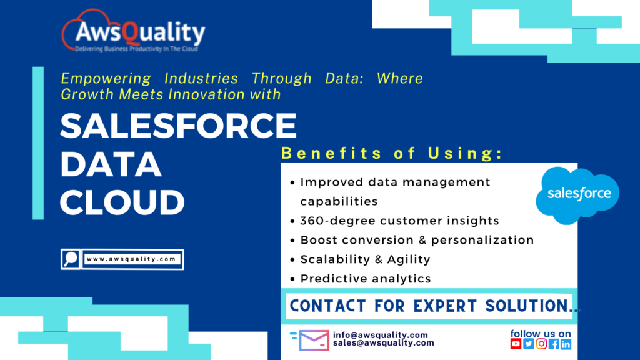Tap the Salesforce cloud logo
click(x=577, y=194)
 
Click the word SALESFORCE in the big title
click(x=178, y=126)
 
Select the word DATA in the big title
click(x=111, y=164)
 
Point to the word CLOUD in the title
click(x=122, y=202)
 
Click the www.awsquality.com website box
click(x=132, y=259)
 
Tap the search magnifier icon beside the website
click(x=71, y=259)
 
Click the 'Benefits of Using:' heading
click(x=392, y=153)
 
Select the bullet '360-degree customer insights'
click(x=399, y=221)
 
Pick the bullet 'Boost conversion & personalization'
click(x=417, y=240)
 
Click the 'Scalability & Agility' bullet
click(x=365, y=259)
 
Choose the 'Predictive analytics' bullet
click(x=366, y=279)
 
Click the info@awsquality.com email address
click(x=380, y=335)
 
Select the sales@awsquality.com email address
click(x=383, y=343)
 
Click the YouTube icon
click(x=516, y=344)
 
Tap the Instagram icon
click(x=541, y=344)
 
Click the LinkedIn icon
click(x=566, y=344)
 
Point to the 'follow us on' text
click(x=541, y=334)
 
